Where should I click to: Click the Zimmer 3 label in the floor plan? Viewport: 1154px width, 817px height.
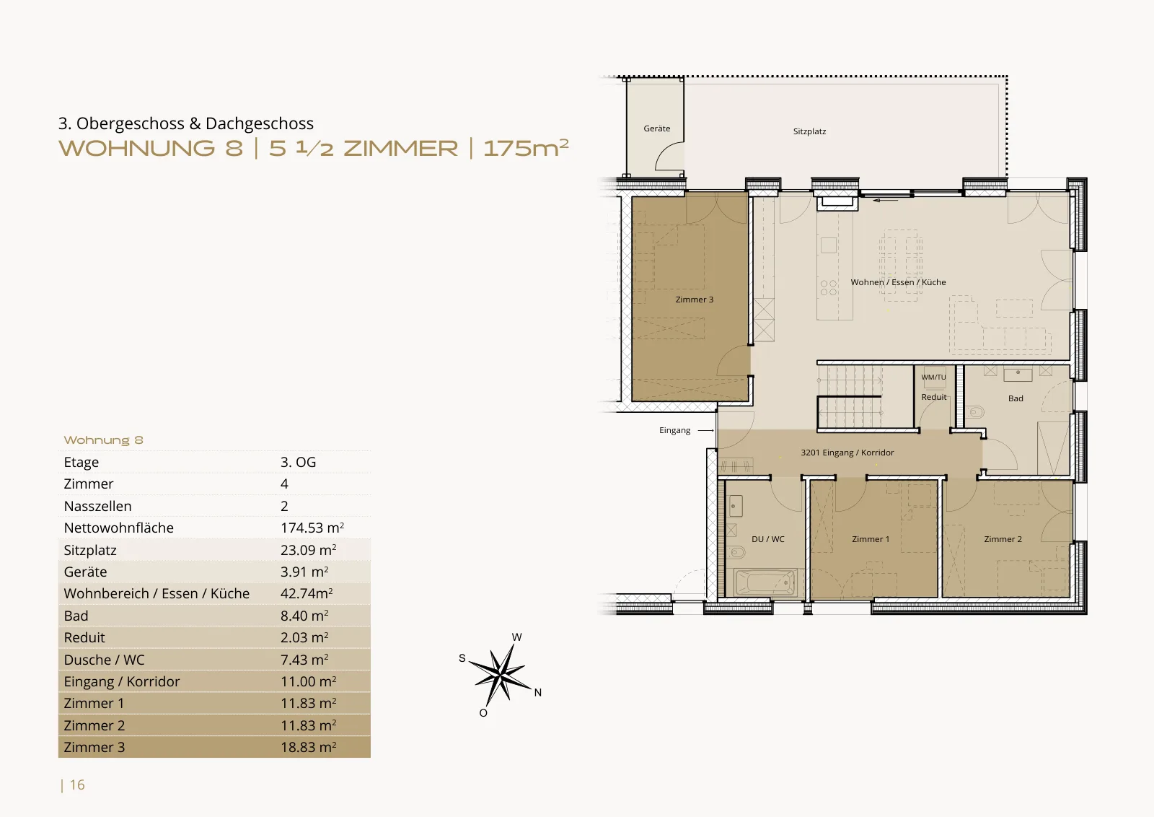point(695,300)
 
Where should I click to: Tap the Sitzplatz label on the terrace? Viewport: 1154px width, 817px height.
point(809,131)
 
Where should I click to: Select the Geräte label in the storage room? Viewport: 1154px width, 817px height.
point(657,128)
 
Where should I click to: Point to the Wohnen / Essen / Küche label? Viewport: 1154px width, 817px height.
point(898,282)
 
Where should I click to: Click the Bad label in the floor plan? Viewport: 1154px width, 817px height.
point(1016,398)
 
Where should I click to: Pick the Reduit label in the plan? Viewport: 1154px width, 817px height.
point(934,397)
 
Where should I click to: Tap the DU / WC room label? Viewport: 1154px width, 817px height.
point(767,539)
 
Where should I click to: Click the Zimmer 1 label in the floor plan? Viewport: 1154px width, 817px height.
point(871,539)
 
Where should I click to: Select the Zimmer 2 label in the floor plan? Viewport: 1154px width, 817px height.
point(1003,539)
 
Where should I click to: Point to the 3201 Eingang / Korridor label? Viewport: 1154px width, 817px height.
point(847,453)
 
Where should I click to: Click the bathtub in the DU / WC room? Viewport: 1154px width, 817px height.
point(765,583)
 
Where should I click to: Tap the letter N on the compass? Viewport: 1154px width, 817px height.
point(538,693)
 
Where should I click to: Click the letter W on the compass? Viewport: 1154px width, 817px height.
point(516,637)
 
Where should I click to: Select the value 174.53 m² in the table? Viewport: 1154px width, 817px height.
point(312,528)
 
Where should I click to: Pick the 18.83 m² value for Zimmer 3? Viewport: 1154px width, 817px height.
point(308,747)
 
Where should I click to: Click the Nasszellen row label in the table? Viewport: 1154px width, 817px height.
point(97,506)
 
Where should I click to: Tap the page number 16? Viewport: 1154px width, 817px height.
point(77,785)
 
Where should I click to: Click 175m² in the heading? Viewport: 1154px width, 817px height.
point(526,148)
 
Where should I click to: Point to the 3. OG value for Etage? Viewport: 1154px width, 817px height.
point(299,462)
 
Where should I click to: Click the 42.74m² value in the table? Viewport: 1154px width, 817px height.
point(307,593)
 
